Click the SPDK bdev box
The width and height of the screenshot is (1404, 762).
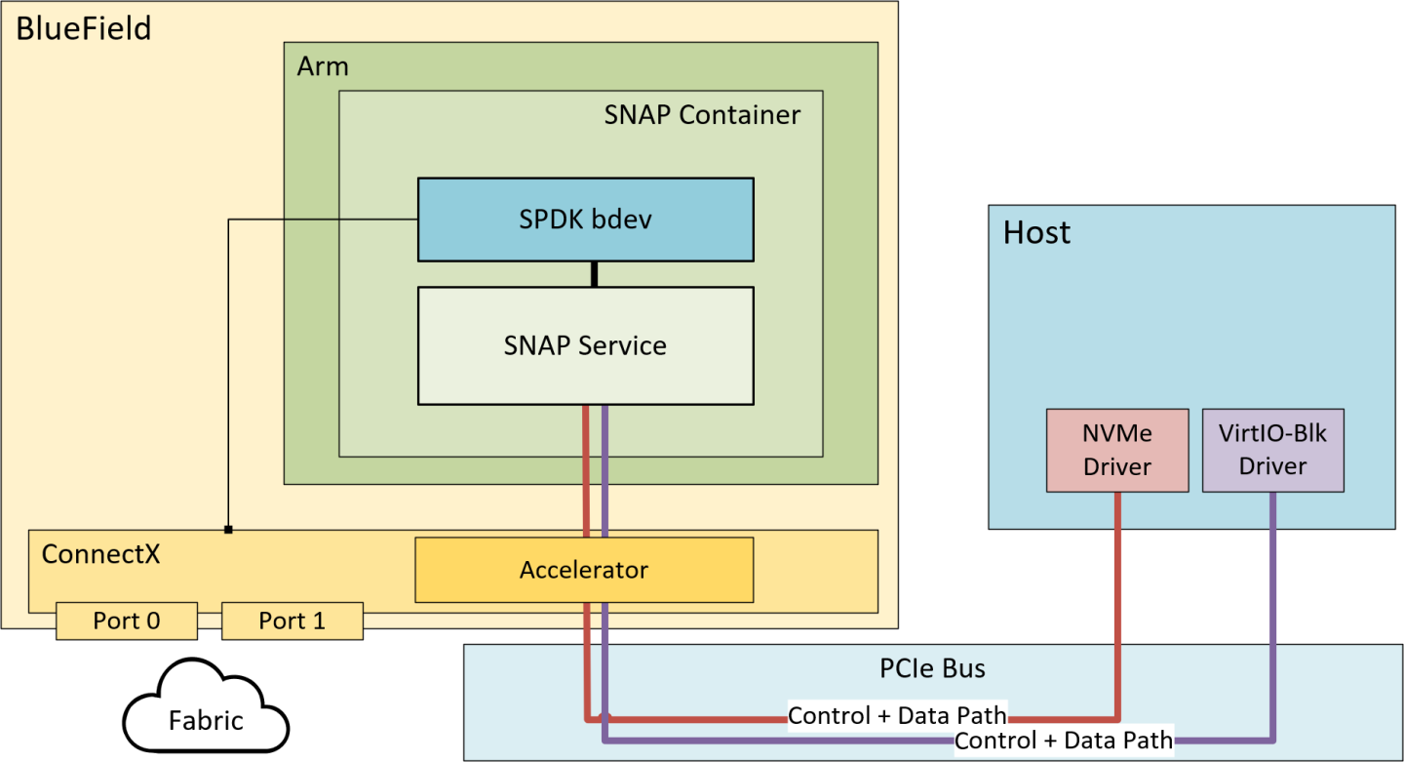[x=585, y=220]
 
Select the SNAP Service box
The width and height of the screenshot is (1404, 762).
[x=585, y=345]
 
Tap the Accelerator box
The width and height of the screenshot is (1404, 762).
[x=584, y=570]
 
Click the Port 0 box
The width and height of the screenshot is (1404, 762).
[x=127, y=621]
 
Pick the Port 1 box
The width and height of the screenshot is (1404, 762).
[x=292, y=621]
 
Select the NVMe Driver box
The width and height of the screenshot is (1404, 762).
[x=1117, y=450]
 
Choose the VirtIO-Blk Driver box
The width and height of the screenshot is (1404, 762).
[x=1272, y=450]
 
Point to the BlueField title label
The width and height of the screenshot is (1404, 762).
[x=84, y=28]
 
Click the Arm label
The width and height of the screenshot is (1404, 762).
[x=322, y=67]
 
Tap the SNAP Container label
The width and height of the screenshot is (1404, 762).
[x=702, y=115]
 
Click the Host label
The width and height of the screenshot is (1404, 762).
[x=1036, y=232]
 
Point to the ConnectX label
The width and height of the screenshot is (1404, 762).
[x=100, y=554]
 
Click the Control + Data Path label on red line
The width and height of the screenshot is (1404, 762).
[x=897, y=715]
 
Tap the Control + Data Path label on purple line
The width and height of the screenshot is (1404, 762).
[x=1064, y=740]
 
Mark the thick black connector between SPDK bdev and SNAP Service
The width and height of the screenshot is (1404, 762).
[x=594, y=274]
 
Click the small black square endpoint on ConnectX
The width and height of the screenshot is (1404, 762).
[x=228, y=530]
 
